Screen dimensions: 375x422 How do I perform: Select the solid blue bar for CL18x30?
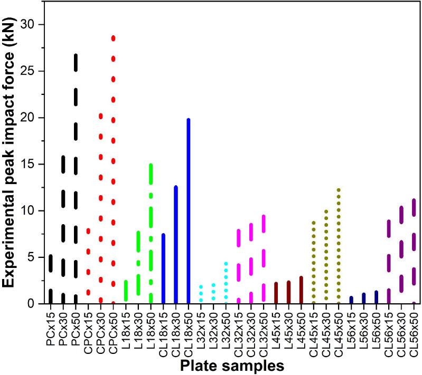point(175,245)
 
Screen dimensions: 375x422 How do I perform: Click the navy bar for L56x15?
point(351,300)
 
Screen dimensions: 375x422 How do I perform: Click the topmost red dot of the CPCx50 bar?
point(113,38)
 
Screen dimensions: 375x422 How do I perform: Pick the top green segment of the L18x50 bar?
point(151,174)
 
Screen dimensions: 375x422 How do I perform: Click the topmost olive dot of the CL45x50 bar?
point(339,189)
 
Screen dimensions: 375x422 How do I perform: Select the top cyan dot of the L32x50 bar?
point(226,263)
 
